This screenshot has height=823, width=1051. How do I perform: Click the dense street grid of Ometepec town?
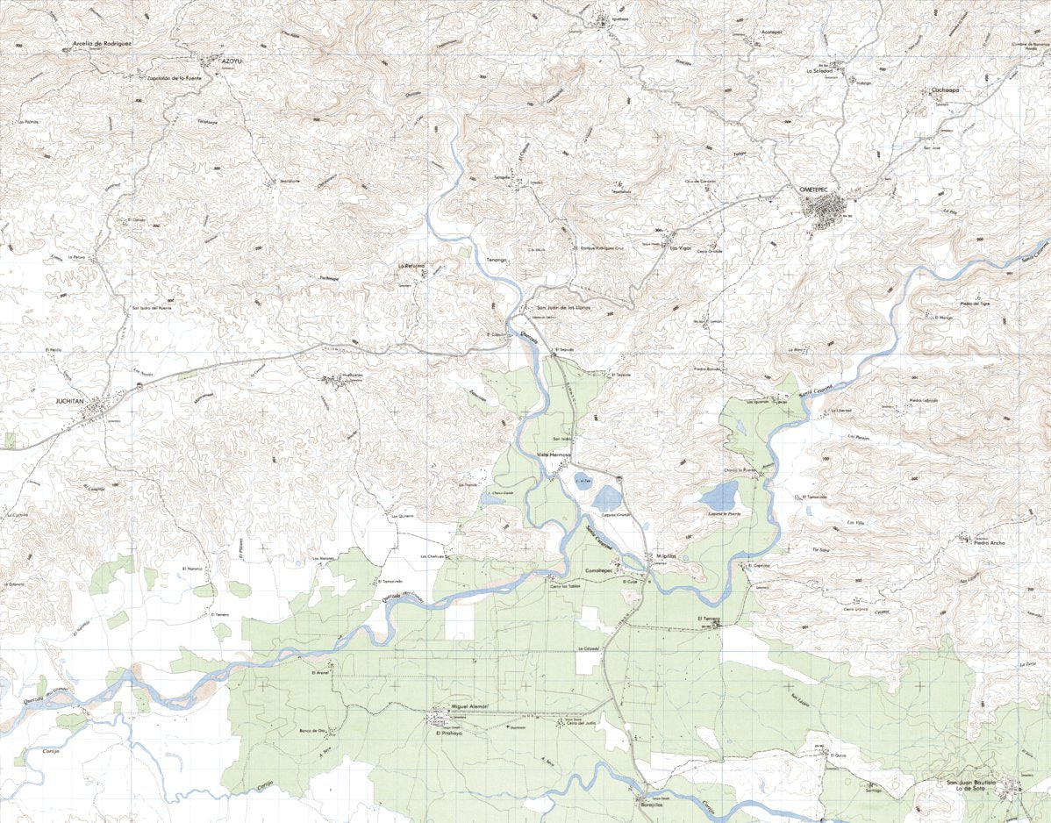coord(826,210)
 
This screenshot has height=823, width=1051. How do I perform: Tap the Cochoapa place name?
coord(949,89)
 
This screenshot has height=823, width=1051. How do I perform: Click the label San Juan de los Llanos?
coord(563,308)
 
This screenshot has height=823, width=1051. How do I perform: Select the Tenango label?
coord(497,261)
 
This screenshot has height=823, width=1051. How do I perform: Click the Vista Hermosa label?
coord(554,454)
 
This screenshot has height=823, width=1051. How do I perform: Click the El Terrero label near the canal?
coord(708,619)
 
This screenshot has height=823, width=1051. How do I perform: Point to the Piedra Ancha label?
coord(987,542)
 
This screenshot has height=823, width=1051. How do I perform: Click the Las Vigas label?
coord(680,248)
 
